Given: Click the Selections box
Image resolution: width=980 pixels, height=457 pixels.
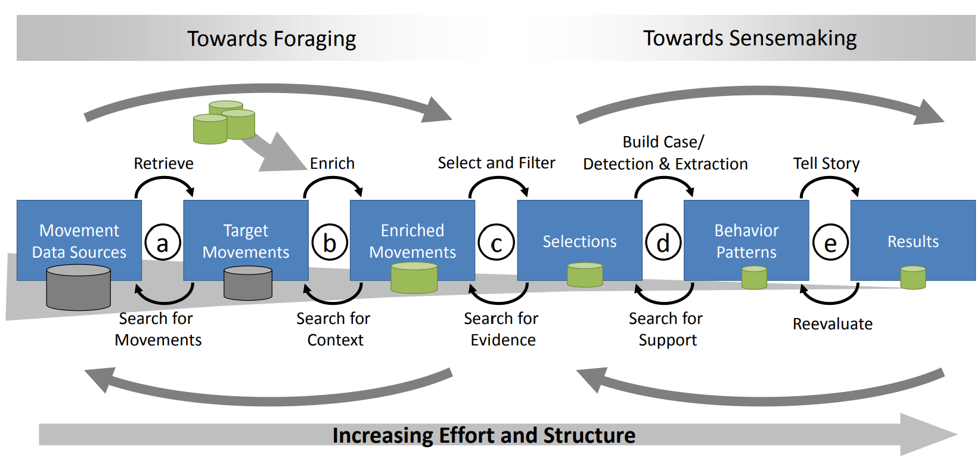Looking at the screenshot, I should click(579, 241).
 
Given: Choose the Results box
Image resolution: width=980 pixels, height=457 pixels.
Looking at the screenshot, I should click(913, 241).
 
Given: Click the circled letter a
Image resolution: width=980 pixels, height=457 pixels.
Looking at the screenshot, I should click(162, 243).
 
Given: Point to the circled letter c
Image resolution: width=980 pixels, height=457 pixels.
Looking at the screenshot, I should click(496, 243).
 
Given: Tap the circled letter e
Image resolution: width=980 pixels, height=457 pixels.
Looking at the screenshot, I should click(830, 243).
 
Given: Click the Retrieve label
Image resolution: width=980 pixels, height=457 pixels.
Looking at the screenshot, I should click(163, 163).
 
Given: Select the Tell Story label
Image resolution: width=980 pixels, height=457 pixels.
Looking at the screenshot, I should click(826, 163).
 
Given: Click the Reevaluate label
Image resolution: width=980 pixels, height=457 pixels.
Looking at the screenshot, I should click(832, 324).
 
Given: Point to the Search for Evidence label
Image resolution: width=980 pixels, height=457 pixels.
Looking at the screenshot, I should click(501, 329).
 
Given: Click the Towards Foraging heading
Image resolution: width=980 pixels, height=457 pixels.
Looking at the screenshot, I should click(271, 39).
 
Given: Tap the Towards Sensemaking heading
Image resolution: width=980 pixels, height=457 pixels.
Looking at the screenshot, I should click(749, 38).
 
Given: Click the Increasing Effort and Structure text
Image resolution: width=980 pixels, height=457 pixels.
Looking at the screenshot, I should click(483, 436).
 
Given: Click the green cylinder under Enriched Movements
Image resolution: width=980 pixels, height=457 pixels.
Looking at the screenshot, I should click(414, 278).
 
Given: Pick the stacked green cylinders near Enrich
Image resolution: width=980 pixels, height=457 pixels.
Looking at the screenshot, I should click(224, 122).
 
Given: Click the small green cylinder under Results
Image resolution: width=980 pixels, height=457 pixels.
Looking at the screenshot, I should click(913, 278).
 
